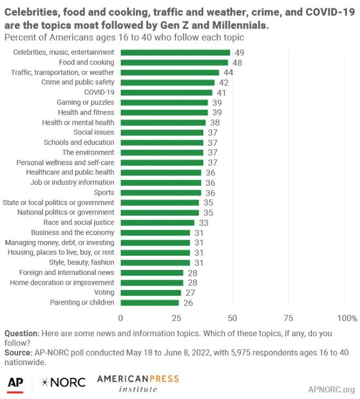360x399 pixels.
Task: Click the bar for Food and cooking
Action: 174,62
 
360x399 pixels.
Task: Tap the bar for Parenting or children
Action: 149,302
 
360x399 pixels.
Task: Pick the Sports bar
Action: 161,192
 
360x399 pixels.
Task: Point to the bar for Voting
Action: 150,292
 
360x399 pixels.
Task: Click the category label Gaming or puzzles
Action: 85,102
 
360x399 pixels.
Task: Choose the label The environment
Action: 88,152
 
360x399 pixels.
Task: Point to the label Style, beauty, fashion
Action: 80,262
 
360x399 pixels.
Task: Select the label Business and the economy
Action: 79,232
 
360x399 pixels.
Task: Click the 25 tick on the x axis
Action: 176,318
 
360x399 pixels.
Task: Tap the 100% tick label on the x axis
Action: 347,318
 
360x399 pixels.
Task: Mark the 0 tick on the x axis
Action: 121,318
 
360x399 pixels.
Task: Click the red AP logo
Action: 15,382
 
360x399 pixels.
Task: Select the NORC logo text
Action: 63,382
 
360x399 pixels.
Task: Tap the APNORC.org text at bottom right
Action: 331,390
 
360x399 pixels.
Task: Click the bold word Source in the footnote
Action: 17,353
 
